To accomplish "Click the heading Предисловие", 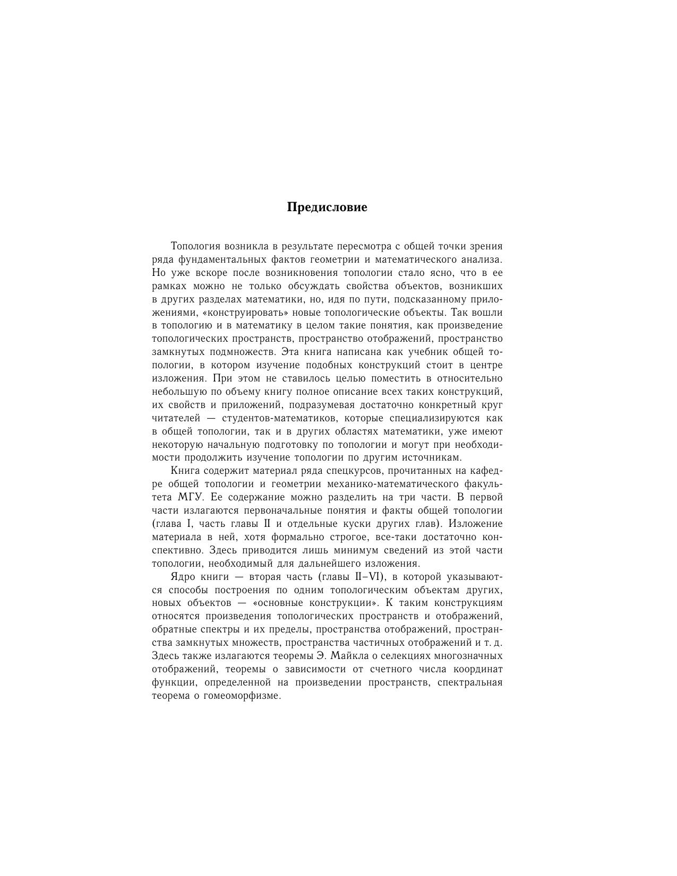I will [327, 207].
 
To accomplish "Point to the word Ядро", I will [184, 577].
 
